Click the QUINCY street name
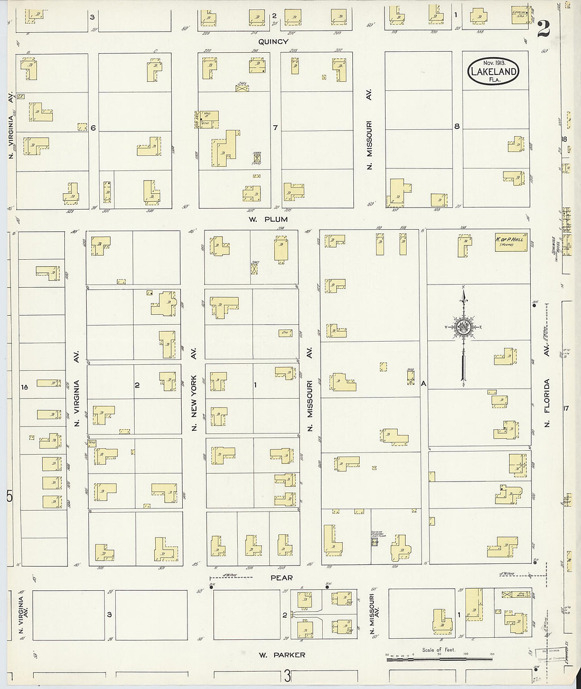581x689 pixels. pyautogui.click(x=273, y=42)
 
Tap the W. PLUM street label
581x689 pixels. pyautogui.click(x=268, y=219)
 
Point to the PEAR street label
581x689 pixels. pyautogui.click(x=281, y=578)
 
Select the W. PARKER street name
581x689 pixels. pyautogui.click(x=282, y=655)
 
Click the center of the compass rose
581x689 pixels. pyautogui.click(x=463, y=327)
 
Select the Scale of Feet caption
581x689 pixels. pyautogui.click(x=438, y=649)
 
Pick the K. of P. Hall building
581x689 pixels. pyautogui.click(x=511, y=243)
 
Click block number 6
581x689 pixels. pyautogui.click(x=93, y=128)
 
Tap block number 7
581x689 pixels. pyautogui.click(x=275, y=127)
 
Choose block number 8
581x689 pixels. pyautogui.click(x=457, y=126)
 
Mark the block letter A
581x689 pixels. pyautogui.click(x=423, y=384)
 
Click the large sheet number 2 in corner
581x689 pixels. pyautogui.click(x=543, y=30)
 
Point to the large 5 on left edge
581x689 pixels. pyautogui.click(x=9, y=497)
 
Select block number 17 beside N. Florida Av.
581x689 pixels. pyautogui.click(x=566, y=408)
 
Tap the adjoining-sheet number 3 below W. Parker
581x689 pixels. pyautogui.click(x=287, y=676)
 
